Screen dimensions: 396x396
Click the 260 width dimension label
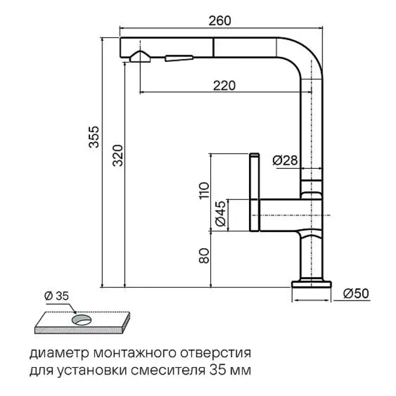[220, 21]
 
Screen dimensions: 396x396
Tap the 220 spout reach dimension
[224, 86]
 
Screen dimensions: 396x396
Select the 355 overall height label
[94, 137]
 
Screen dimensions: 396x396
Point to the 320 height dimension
[118, 155]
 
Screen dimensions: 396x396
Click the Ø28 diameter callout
[285, 160]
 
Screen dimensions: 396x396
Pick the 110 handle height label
[204, 191]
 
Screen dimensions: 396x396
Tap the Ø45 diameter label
[220, 214]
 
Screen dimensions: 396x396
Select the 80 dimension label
[204, 256]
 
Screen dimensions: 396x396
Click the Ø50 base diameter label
[356, 294]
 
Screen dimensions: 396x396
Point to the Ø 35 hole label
[56, 296]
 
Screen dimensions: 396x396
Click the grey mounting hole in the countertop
[81, 320]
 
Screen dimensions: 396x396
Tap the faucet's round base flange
[311, 284]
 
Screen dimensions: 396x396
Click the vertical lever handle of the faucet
[254, 192]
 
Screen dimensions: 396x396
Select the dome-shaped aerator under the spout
[140, 56]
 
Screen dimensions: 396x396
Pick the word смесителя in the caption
[168, 370]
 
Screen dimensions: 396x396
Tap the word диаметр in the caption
[59, 353]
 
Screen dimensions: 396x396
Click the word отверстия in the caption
[215, 353]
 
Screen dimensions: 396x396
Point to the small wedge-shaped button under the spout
[179, 58]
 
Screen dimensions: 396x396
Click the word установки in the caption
[91, 371]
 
